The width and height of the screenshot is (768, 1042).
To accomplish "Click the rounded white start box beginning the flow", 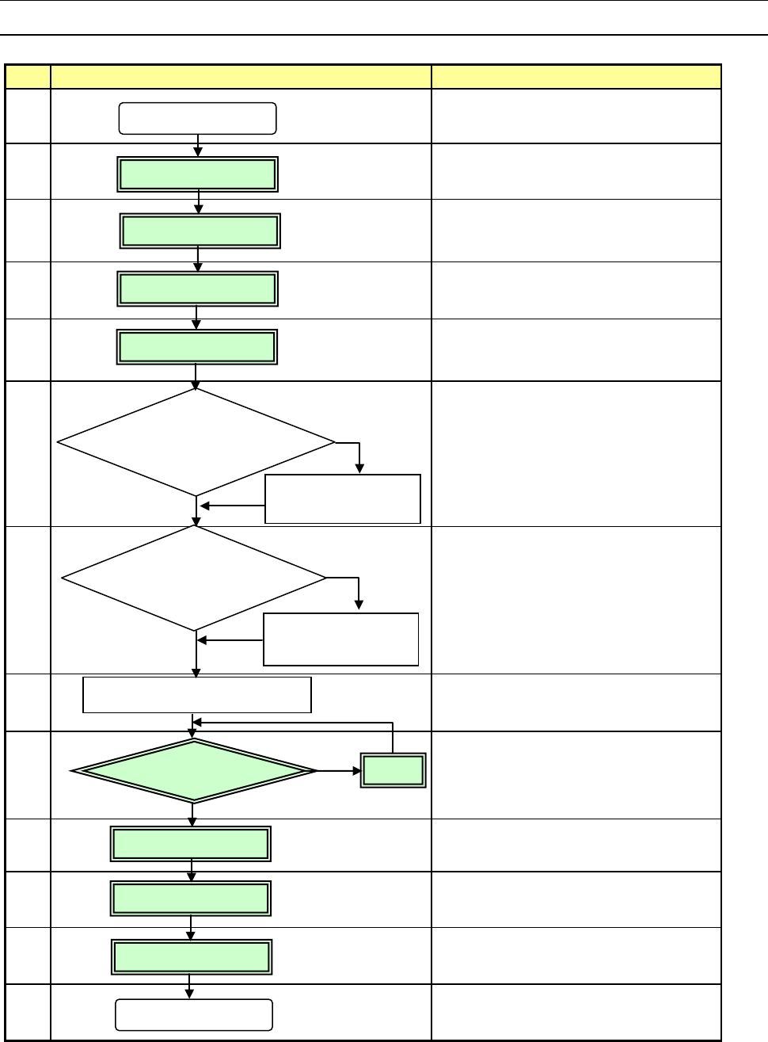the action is [x=197, y=118].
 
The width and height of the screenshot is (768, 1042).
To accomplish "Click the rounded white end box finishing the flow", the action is [x=194, y=1014].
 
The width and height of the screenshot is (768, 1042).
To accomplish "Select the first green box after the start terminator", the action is [x=198, y=174].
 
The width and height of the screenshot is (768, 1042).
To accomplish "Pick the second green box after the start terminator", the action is [x=200, y=231].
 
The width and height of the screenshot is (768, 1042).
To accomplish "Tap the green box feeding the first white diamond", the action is [x=197, y=347].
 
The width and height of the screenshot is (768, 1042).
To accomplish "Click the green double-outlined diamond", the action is [x=194, y=770].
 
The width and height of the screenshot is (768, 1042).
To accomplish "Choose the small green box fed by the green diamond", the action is [x=394, y=770].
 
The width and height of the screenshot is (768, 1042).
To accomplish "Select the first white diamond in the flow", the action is [x=196, y=442].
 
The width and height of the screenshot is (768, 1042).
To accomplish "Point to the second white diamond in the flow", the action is [x=194, y=578].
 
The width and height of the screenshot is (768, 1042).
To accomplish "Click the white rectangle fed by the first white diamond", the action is [x=343, y=499].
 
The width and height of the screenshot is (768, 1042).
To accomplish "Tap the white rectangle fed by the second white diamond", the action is [x=340, y=639].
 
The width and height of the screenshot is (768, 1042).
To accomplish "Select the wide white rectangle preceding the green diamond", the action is [x=197, y=695].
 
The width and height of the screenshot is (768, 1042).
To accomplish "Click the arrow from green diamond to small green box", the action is [x=338, y=770].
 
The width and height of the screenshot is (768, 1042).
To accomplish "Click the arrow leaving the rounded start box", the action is [x=198, y=145].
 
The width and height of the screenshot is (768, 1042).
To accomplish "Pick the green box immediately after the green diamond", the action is [x=191, y=844].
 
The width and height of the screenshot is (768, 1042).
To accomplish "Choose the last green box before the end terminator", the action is [x=192, y=957].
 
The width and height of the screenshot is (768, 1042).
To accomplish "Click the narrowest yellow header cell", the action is [x=28, y=77].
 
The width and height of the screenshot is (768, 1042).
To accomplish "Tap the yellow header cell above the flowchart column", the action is [x=241, y=77].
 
